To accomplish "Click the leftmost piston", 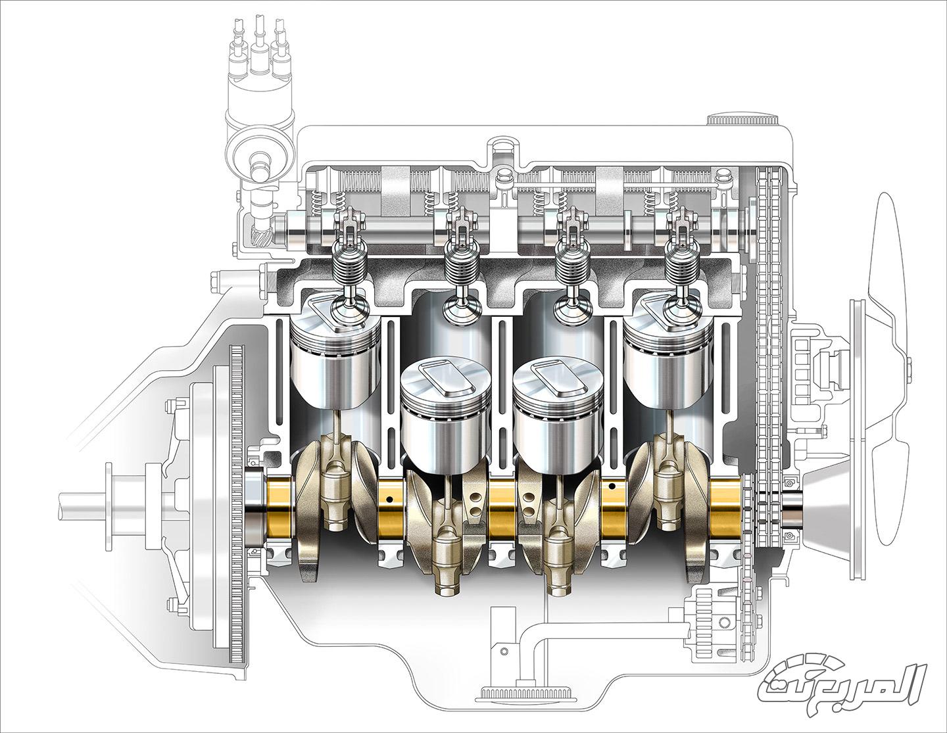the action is tap(334, 353).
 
